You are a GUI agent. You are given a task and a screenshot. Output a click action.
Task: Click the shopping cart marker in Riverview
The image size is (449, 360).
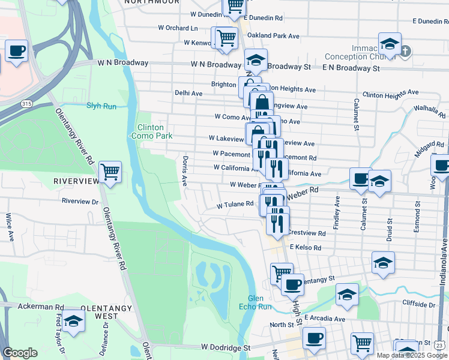point(110,173)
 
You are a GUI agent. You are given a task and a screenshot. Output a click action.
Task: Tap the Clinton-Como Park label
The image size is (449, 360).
point(150,131)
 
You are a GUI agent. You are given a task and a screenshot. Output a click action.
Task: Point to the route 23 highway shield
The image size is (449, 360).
point(440,345)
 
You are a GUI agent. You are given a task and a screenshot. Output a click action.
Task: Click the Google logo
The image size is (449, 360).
point(20,353)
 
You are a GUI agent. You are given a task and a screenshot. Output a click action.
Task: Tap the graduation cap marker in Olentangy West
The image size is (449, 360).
point(73,321)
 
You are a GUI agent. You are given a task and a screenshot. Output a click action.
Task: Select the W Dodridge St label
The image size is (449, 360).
point(225,347)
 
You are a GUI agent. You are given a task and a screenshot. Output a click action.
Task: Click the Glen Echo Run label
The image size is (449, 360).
point(260,303)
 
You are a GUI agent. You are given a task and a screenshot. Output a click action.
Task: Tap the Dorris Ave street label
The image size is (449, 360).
point(184,171)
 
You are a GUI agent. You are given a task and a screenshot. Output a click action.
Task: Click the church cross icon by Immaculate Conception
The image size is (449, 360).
point(405,51)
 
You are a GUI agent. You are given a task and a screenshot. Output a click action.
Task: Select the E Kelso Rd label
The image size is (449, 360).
point(305,247)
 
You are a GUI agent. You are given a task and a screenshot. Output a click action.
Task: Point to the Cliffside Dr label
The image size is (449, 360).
point(418,305)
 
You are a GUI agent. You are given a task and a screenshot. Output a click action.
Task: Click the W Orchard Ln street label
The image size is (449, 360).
point(178,28)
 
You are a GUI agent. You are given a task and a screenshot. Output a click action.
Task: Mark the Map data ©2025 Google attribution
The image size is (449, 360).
point(412,355)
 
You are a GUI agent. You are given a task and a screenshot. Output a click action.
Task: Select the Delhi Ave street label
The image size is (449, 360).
point(188,94)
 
